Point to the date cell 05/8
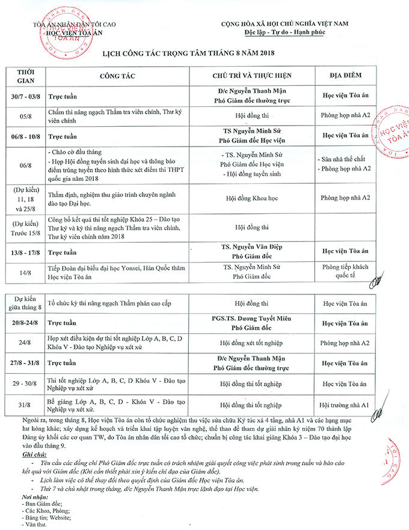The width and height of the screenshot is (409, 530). (25, 116)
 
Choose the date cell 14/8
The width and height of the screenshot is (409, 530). (25, 272)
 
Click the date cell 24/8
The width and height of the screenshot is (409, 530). (25, 343)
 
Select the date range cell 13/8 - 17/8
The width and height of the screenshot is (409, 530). (25, 252)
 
